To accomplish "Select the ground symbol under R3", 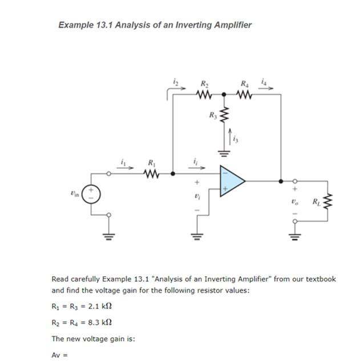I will (x=224, y=153).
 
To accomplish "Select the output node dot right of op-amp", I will (x=280, y=181).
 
